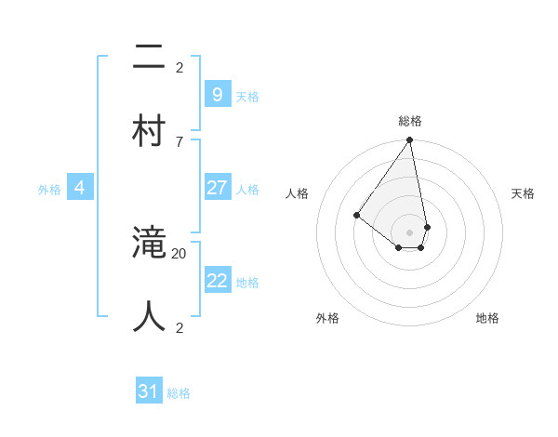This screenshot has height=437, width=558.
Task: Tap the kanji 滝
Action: pos(150,244)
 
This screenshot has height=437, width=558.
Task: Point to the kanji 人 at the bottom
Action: pos(150,316)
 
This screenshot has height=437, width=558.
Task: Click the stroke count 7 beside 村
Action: pos(179,141)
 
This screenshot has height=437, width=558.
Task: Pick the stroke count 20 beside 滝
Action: pos(179,253)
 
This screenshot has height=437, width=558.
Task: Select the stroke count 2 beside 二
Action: pos(179,67)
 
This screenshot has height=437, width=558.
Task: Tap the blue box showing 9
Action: pos(217,94)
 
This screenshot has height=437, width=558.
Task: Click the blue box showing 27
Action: pos(217,187)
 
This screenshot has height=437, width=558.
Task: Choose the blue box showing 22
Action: pos(217,280)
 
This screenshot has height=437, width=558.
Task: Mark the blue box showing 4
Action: pos(80,188)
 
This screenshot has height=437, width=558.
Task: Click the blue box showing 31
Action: pos(149,391)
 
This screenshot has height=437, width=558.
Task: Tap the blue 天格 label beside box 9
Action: pos(247,96)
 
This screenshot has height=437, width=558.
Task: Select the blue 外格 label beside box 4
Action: pos(49,190)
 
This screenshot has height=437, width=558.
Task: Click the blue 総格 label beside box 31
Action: pos(179,393)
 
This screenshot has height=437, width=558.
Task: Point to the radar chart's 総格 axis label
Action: pos(410,121)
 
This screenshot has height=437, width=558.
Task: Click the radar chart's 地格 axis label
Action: pos(487,318)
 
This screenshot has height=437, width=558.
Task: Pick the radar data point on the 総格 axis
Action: pos(410,140)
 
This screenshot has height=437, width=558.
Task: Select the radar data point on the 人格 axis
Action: pos(356,215)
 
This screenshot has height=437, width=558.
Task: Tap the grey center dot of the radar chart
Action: pos(410,232)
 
